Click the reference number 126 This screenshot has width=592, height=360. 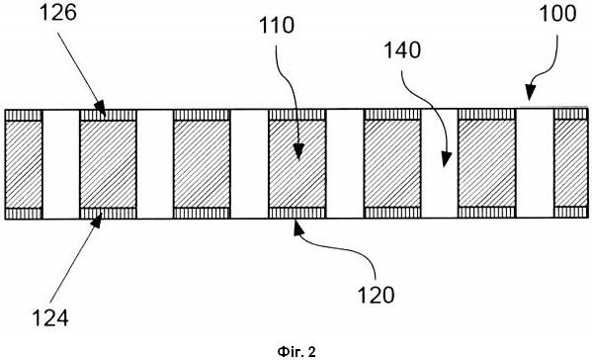click(x=58, y=13)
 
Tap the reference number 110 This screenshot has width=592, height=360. click(x=277, y=26)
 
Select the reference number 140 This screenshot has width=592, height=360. click(x=402, y=50)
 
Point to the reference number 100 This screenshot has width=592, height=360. click(x=557, y=14)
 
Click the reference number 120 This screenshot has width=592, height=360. click(x=376, y=296)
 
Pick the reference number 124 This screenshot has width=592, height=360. click(x=50, y=317)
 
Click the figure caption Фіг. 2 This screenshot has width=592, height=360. click(x=296, y=352)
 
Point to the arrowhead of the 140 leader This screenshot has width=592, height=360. click(x=446, y=159)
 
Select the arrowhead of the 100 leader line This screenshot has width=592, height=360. click(x=531, y=93)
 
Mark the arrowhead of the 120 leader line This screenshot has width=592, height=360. click(x=298, y=227)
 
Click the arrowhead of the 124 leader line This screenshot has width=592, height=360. click(x=97, y=221)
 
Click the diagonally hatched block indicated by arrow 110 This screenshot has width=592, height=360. click(x=296, y=164)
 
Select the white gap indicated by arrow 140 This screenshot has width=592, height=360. click(x=439, y=164)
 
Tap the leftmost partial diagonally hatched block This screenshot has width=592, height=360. click(x=24, y=164)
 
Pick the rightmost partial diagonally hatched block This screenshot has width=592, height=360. click(x=571, y=164)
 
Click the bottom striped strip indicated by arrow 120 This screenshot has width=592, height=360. click(x=296, y=213)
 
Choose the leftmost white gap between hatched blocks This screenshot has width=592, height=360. click(x=61, y=164)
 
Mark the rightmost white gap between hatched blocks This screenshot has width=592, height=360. click(x=535, y=164)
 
